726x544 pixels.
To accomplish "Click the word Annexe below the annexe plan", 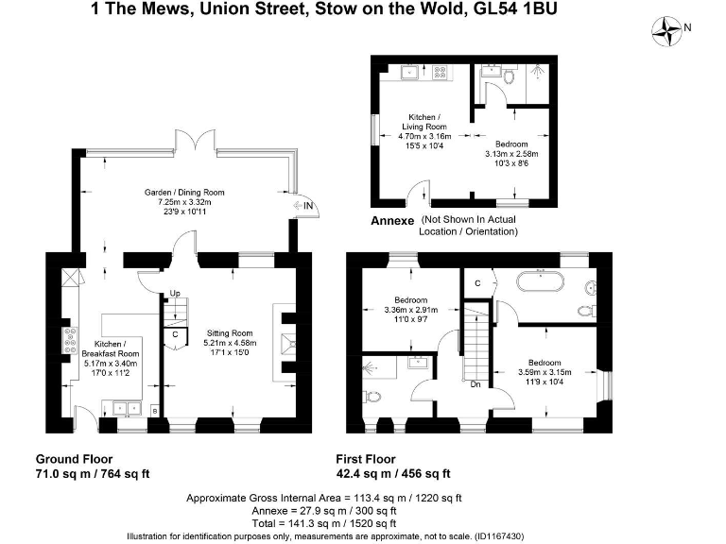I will click(391, 220).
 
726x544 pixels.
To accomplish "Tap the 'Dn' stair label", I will click(475, 384).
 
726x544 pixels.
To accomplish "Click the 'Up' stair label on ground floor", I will click(173, 296).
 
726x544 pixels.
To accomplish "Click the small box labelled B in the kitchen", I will click(153, 410).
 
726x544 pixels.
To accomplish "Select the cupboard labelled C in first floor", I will click(478, 282).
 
